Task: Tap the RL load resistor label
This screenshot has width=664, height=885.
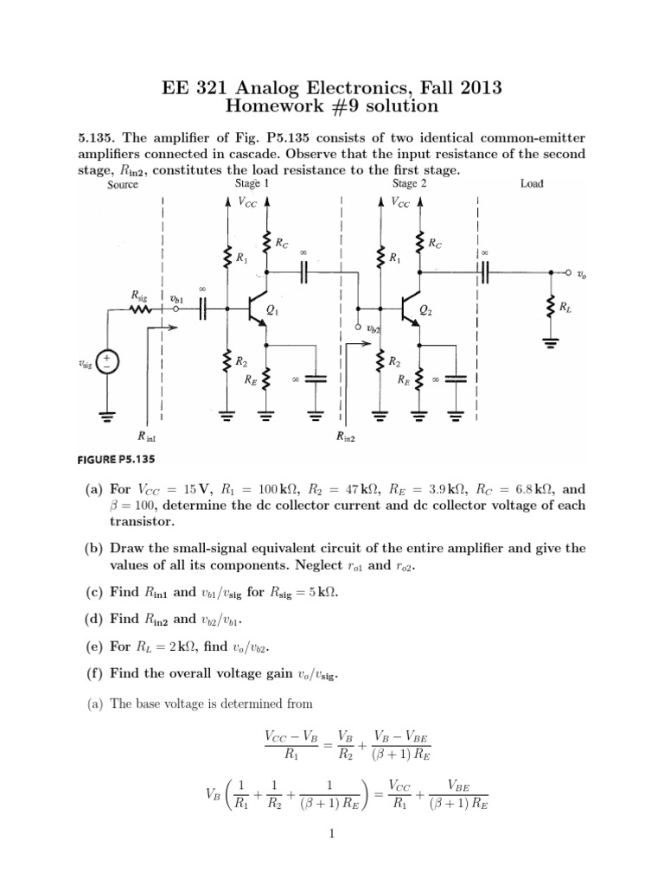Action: point(565,307)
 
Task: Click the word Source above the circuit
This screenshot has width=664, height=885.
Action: point(123,185)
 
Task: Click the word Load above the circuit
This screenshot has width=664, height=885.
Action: point(532,184)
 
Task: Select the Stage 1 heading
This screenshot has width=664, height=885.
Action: point(252,184)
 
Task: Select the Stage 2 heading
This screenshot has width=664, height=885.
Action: point(409,184)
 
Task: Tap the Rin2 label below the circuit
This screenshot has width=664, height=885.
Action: point(346,437)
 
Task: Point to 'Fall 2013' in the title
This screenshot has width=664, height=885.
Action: point(461,87)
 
